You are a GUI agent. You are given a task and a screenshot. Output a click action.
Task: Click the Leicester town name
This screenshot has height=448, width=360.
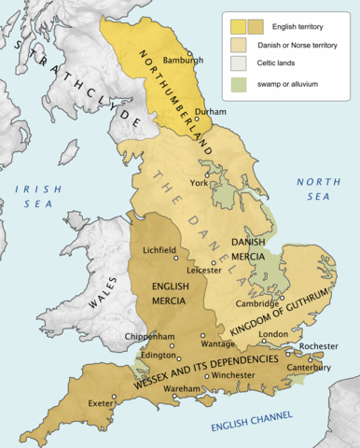point(205,271)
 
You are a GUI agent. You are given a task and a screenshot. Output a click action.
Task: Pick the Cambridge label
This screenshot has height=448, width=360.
point(255,303)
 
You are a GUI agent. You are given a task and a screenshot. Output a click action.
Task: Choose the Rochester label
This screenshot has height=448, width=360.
point(318,345)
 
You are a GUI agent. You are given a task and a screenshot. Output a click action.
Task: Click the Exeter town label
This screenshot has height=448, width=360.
point(93,404)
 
